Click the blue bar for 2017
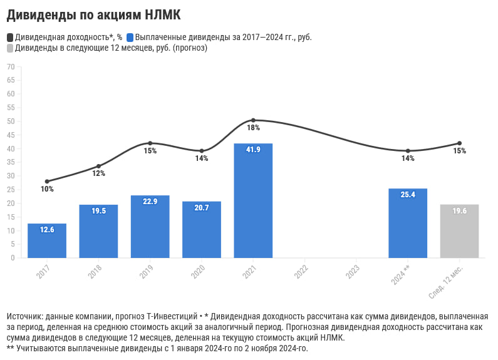point(47,240)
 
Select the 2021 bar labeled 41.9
point(253,200)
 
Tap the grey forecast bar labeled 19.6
point(459,231)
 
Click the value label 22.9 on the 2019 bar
point(150,202)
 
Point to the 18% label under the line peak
point(253,128)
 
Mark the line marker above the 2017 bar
point(47,182)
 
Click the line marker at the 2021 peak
point(253,120)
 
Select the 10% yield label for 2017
point(47,189)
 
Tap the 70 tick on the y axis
point(11,66)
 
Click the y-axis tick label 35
point(11,162)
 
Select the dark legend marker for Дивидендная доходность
point(10,37)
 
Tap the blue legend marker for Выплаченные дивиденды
point(130,37)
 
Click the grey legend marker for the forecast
point(10,48)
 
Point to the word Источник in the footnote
point(26,316)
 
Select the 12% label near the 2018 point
point(98,173)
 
